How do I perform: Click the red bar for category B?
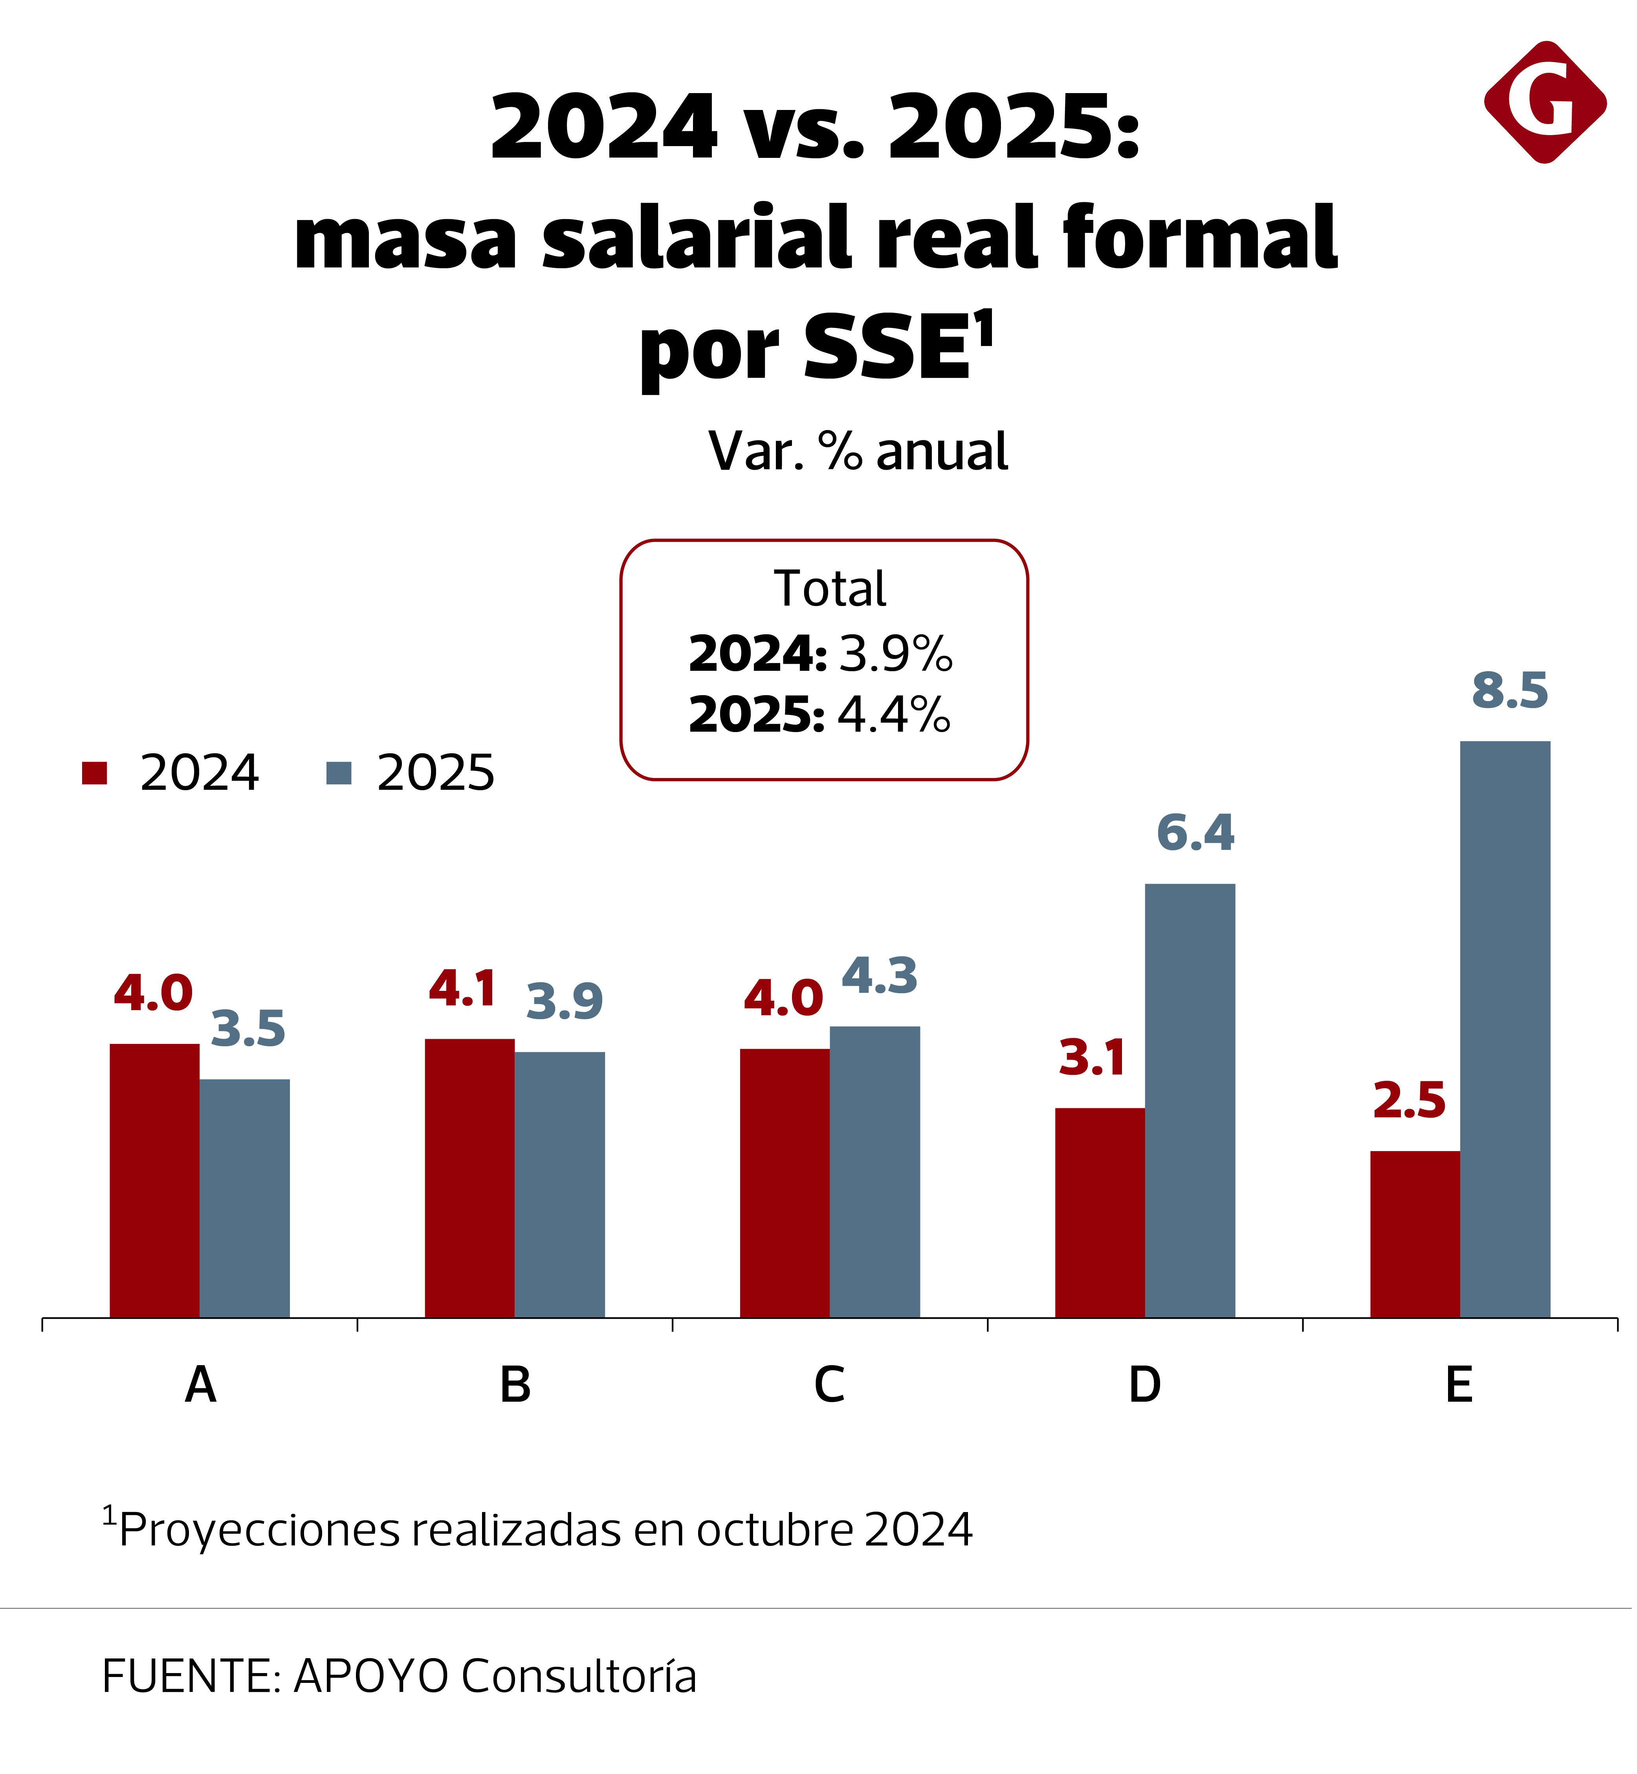(469, 1178)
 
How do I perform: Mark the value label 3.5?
(248, 1030)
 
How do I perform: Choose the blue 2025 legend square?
(338, 773)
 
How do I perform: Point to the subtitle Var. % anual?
(858, 452)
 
